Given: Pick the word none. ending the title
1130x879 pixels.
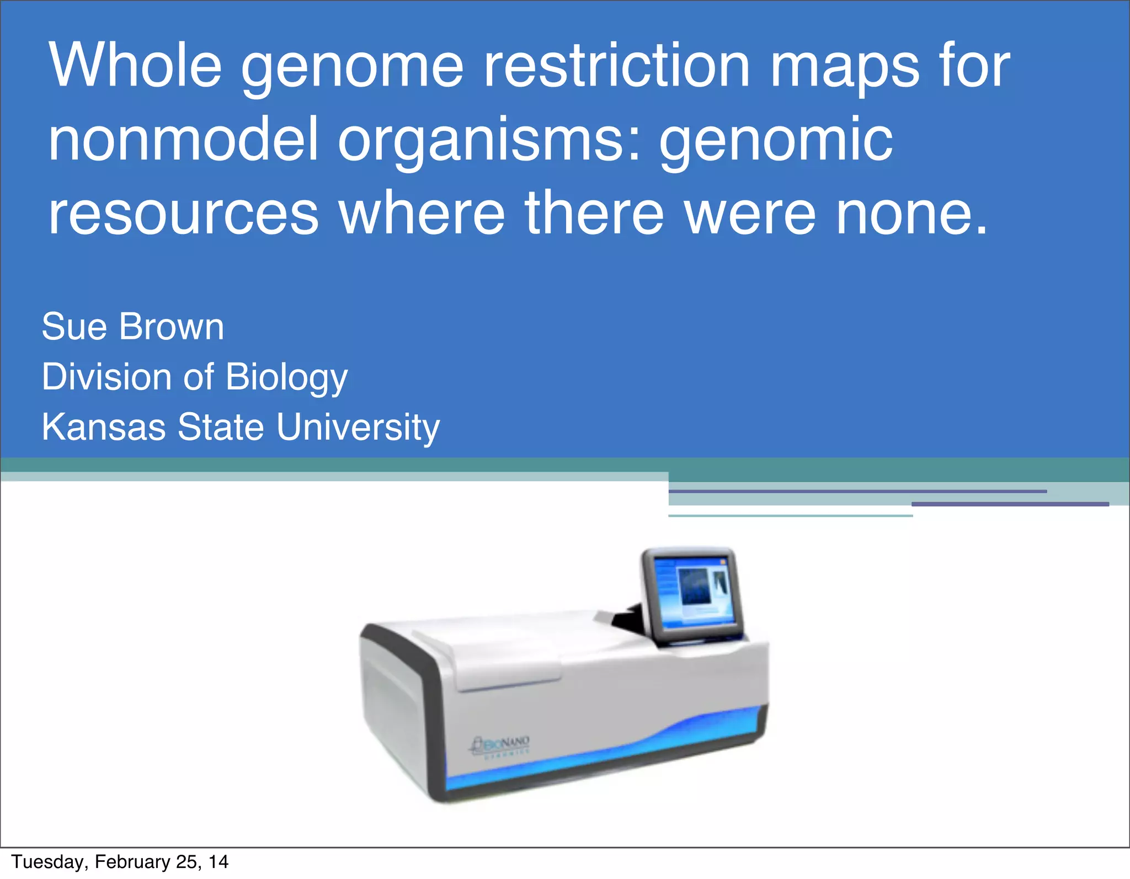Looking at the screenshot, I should tap(911, 213).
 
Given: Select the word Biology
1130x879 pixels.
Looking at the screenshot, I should tap(286, 378).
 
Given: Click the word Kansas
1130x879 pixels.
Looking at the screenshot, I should tap(104, 427).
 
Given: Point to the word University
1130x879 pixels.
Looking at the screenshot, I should tap(358, 428).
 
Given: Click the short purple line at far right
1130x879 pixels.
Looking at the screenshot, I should tap(1010, 504).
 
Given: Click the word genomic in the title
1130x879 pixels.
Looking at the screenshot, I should tap(776, 141).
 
